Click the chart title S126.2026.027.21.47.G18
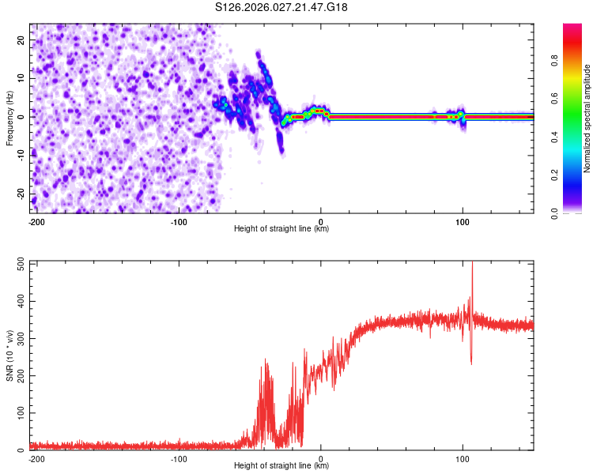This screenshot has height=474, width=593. tap(282, 8)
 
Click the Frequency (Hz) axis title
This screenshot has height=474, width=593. tap(9, 118)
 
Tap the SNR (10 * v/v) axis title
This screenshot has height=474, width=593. tap(9, 356)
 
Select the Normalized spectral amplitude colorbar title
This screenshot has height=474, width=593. tap(587, 118)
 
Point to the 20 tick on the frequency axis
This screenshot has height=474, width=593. tap(22, 39)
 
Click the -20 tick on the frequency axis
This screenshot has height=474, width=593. tap(21, 194)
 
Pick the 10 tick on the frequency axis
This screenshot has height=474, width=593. tap(22, 78)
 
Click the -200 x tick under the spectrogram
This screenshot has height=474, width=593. tap(36, 221)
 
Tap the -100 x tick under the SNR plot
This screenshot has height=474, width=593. tap(179, 458)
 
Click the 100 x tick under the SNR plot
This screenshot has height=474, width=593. tap(463, 458)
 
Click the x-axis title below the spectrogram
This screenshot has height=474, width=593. tap(281, 229)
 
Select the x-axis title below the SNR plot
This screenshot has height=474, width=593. tap(281, 466)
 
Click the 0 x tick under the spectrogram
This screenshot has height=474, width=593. tap(321, 221)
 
